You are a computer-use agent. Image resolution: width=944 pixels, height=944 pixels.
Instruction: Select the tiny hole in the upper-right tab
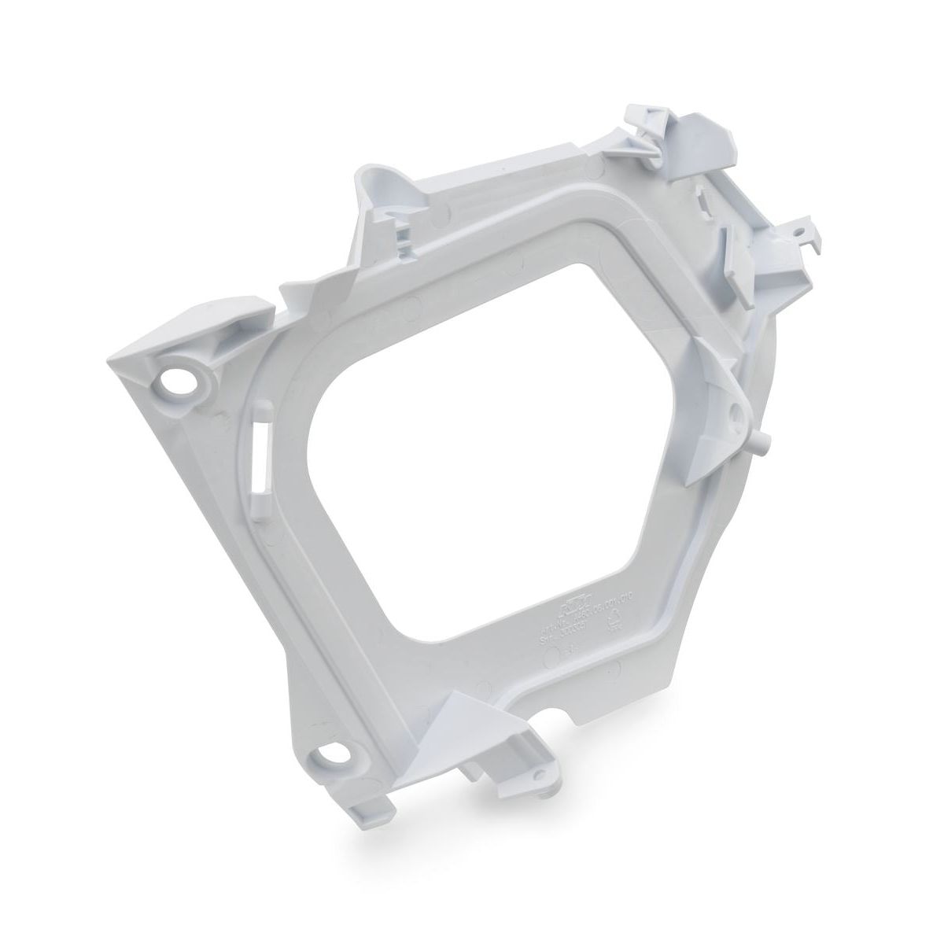[x=799, y=232]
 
